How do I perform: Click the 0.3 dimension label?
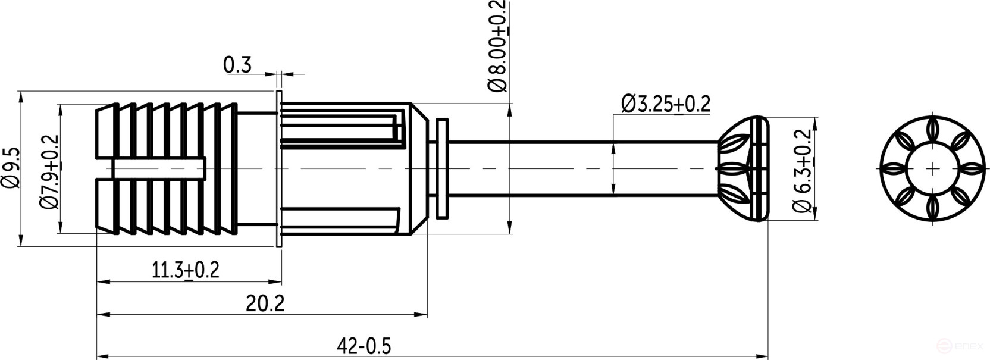click(237, 65)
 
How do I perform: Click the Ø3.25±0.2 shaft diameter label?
click(666, 104)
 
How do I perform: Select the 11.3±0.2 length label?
click(186, 270)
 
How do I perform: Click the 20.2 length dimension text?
click(265, 304)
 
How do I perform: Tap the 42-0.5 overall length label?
click(364, 346)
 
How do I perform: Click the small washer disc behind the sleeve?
click(442, 169)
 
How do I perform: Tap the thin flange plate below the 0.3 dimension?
click(278, 169)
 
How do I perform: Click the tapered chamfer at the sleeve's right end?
click(419, 169)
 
